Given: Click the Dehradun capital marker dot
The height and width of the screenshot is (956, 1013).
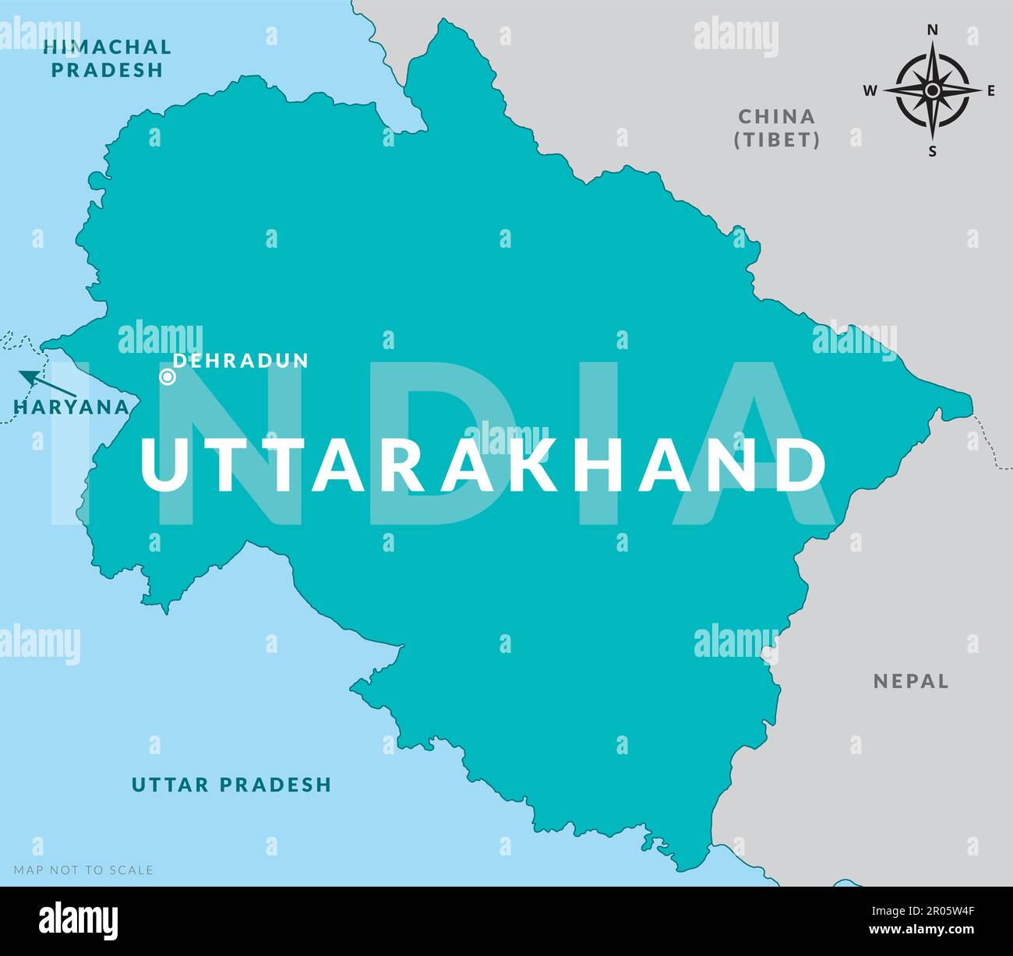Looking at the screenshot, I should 167,377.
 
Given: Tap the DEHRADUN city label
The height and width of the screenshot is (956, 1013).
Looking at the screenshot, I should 241,361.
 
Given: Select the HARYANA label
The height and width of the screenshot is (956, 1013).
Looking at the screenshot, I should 71,407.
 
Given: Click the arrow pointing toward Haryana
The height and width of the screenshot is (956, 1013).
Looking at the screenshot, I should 47,383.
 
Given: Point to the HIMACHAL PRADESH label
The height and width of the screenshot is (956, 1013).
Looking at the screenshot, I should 108,58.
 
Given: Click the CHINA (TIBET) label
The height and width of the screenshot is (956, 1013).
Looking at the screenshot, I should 778,129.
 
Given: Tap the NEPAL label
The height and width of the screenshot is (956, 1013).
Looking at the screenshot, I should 911,681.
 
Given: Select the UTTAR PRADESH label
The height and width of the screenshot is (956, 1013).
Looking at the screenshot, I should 231,784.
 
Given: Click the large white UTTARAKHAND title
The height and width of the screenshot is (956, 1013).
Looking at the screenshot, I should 482,466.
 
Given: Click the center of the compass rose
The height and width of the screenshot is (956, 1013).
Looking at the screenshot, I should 932,90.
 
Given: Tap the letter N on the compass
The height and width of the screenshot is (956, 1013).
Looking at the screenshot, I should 932,30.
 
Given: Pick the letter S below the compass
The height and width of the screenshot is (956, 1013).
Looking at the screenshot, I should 932,152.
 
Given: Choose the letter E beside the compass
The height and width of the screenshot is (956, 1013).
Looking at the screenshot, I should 991,91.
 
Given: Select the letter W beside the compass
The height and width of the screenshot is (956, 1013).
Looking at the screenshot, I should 870,91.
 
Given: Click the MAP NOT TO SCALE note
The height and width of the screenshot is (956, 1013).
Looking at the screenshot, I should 83,870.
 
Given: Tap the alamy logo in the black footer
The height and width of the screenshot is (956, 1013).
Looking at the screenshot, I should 79,921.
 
